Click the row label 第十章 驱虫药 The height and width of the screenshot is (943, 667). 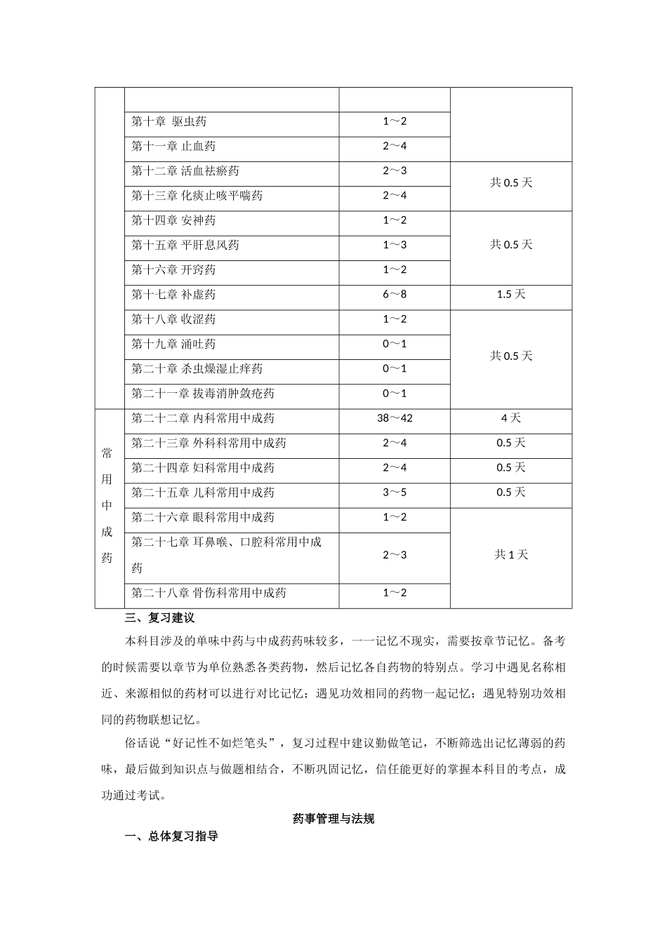[169, 121]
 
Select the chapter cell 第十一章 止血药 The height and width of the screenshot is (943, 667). [173, 146]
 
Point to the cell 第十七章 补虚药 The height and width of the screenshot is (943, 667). [173, 294]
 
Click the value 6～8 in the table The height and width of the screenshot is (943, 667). [395, 294]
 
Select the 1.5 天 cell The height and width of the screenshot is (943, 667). [511, 294]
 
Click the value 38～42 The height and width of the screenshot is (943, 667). [395, 418]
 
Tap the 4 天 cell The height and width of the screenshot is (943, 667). [511, 418]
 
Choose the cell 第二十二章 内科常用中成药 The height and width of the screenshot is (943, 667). [203, 418]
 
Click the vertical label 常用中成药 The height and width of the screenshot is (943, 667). [107, 505]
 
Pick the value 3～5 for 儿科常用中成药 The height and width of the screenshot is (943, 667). [395, 493]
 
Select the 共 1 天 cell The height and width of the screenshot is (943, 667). [511, 554]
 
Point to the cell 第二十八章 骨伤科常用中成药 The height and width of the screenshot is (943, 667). [209, 593]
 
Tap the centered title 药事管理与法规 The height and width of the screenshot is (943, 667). [333, 818]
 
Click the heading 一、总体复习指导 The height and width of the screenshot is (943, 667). [171, 836]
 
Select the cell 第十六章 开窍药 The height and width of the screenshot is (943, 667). [173, 269]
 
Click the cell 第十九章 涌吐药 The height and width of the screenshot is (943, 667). [173, 344]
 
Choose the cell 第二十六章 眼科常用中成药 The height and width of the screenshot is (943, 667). [203, 517]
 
